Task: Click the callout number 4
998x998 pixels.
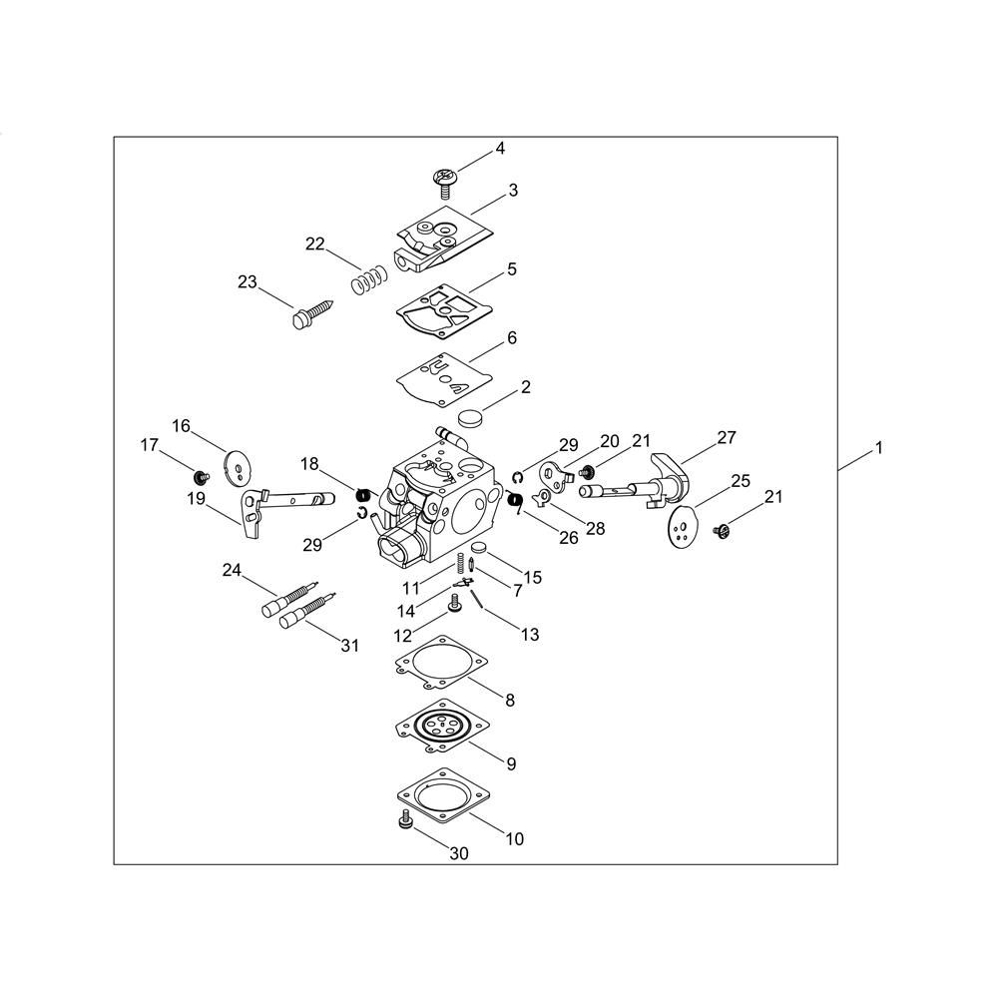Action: point(500,149)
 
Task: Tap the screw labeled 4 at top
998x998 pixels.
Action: point(442,181)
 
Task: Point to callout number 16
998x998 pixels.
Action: point(181,426)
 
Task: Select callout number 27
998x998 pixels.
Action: point(726,437)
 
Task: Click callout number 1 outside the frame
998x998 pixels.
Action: point(879,449)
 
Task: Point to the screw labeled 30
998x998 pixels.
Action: point(405,821)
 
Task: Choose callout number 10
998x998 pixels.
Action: point(514,839)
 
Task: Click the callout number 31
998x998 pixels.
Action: point(349,646)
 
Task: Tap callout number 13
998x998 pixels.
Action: point(529,635)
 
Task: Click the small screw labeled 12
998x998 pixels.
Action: point(455,602)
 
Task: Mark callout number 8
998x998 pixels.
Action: point(510,701)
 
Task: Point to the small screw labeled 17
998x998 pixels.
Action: point(198,475)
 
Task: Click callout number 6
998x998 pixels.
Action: point(511,338)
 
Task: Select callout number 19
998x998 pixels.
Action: point(196,498)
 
